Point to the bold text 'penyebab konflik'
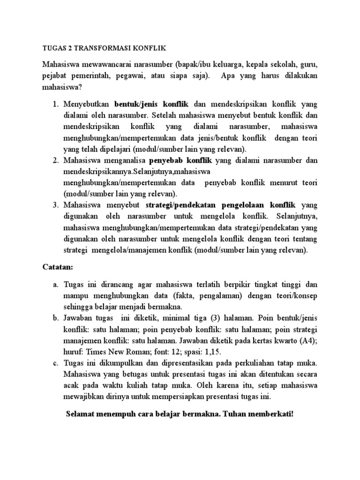[x=181, y=160]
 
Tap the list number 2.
[x=55, y=160]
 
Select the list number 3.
[x=55, y=205]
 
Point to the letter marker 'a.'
[x=55, y=285]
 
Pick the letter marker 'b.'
[x=55, y=319]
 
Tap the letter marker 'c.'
[x=55, y=363]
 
